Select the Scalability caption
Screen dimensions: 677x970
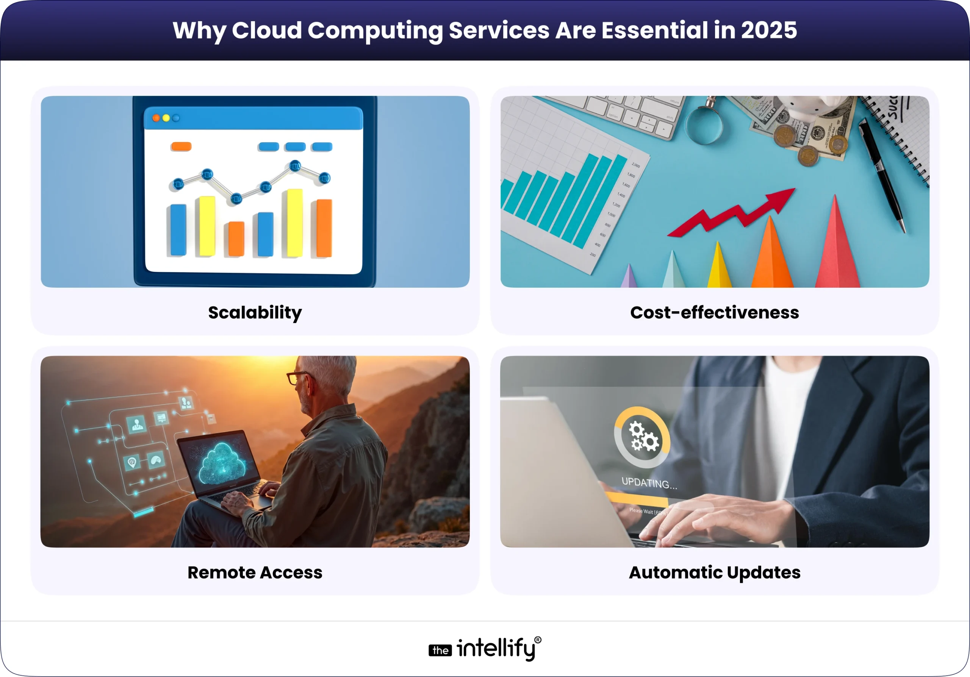pos(255,313)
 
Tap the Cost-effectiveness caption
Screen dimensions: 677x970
pos(714,313)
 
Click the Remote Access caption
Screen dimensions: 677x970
pos(255,573)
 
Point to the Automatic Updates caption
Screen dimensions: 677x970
pos(714,573)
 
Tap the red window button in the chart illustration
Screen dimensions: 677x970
pos(156,118)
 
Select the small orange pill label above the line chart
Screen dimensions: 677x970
pos(181,147)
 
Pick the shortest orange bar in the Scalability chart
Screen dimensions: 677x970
pos(236,239)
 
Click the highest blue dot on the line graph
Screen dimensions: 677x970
pos(295,166)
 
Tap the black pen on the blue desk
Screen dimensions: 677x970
pos(883,173)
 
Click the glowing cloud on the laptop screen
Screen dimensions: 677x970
pos(221,463)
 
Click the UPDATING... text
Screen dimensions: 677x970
pos(649,483)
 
